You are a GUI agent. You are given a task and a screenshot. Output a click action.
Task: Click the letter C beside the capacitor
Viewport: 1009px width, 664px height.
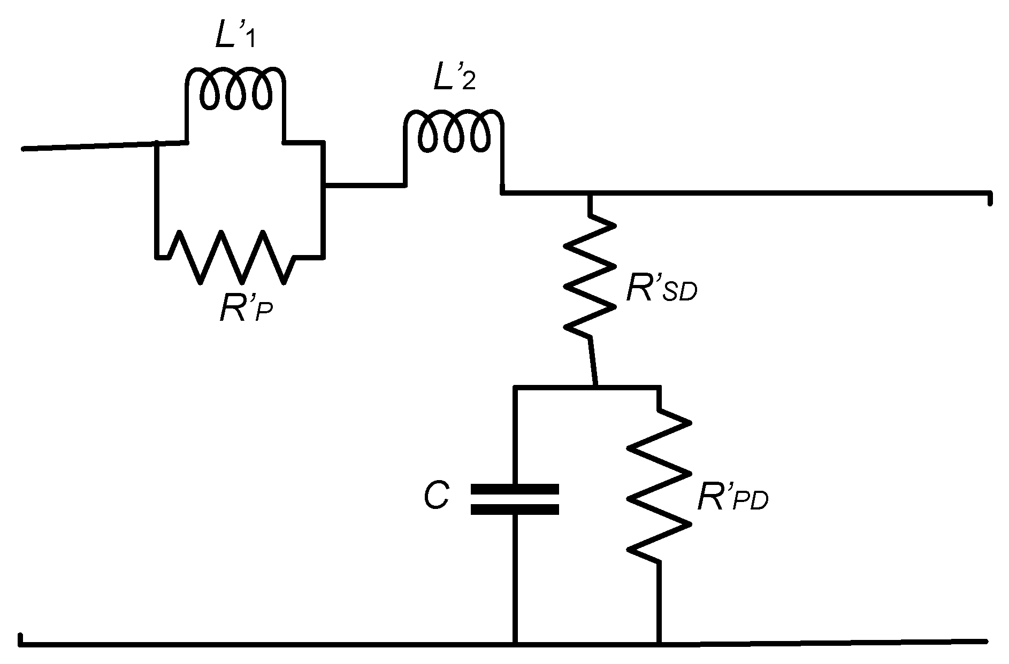tap(435, 497)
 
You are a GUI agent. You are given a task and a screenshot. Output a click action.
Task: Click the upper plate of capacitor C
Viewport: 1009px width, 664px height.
tap(514, 489)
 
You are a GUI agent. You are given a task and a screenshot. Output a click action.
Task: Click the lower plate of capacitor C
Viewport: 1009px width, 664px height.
tap(514, 509)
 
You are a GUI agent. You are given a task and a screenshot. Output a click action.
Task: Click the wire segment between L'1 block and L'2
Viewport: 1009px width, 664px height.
tap(364, 186)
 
